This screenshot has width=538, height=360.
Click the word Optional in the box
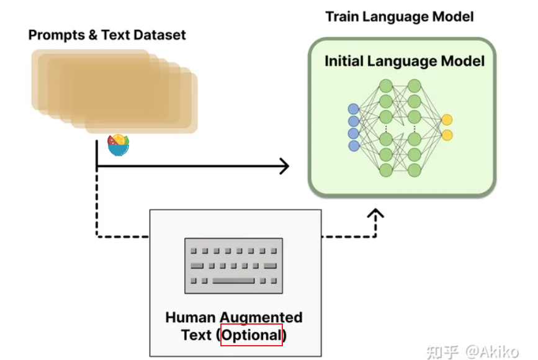[x=251, y=335]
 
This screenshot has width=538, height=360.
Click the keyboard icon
[x=234, y=266]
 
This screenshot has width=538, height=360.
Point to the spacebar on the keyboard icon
[x=233, y=281]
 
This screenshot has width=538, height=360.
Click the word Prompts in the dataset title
[x=55, y=35]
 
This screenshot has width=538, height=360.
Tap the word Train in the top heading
[x=342, y=17]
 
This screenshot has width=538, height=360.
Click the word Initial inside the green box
[x=344, y=61]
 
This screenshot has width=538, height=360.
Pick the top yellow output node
[x=447, y=120]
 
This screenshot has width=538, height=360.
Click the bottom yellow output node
[x=447, y=135]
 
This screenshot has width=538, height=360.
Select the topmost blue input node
[x=354, y=109]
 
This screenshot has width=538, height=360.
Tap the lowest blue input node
[x=354, y=146]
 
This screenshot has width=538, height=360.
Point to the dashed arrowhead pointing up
[x=376, y=214]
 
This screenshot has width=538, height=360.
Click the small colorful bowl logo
[x=118, y=145]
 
